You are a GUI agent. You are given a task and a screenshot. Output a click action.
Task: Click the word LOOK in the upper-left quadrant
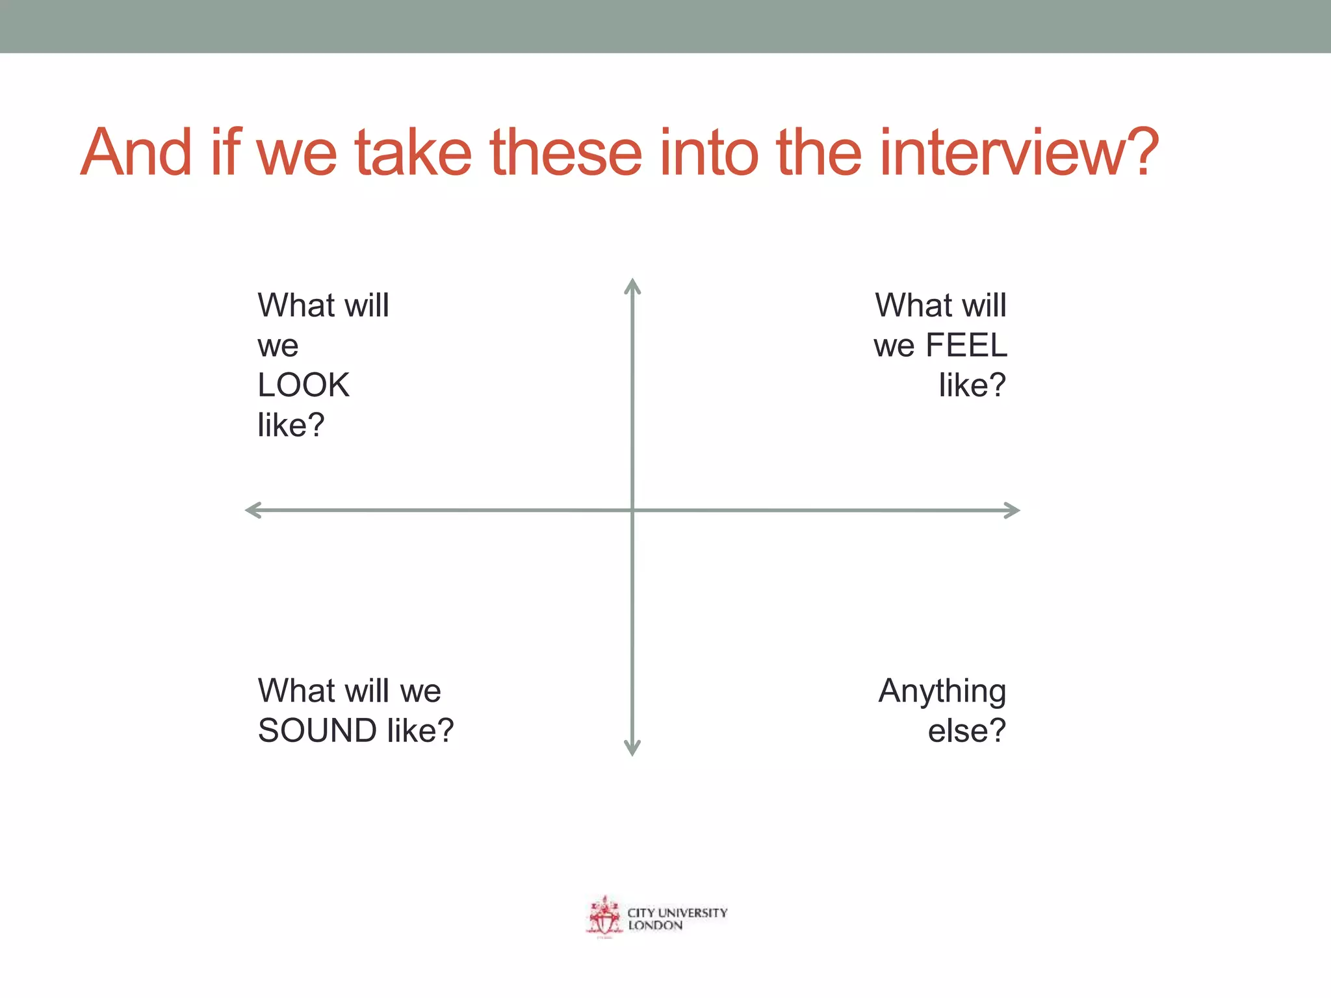(303, 385)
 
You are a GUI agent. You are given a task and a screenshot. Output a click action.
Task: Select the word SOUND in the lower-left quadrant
(317, 730)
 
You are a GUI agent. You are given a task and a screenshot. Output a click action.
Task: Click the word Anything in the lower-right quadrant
(942, 691)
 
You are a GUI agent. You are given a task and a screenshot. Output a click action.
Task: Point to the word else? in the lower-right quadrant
(966, 730)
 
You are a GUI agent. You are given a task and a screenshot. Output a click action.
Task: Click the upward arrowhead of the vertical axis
(632, 285)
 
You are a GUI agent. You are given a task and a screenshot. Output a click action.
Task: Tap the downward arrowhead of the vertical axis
(632, 749)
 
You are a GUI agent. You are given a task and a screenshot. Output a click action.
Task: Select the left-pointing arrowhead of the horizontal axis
(253, 510)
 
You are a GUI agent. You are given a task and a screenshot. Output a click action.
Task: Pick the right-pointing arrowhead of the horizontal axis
(1012, 510)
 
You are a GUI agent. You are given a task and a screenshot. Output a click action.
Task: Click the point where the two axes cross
(632, 510)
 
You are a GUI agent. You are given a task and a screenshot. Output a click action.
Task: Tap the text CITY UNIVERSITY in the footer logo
(677, 912)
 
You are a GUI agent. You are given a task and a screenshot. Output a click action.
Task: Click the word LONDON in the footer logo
(655, 925)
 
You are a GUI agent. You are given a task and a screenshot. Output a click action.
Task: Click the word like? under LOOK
(291, 426)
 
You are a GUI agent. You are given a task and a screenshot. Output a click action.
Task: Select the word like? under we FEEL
(972, 385)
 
